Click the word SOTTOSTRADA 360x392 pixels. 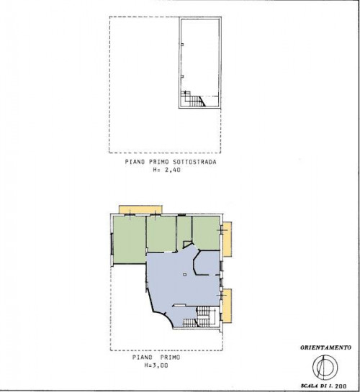194,162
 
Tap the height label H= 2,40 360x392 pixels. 166,170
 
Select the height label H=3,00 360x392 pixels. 156,365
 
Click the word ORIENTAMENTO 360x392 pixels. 325,347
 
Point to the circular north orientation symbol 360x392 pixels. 325,367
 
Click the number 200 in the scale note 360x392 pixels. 341,386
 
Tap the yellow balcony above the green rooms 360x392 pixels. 140,209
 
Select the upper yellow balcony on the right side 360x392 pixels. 227,239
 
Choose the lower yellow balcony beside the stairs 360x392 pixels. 226,306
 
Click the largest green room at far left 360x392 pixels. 130,240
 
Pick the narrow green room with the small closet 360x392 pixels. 184,232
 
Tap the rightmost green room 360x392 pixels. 207,233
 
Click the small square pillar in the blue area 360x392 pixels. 184,275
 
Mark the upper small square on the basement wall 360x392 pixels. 182,45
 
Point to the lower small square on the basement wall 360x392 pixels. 182,77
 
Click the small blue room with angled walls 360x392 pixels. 207,263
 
